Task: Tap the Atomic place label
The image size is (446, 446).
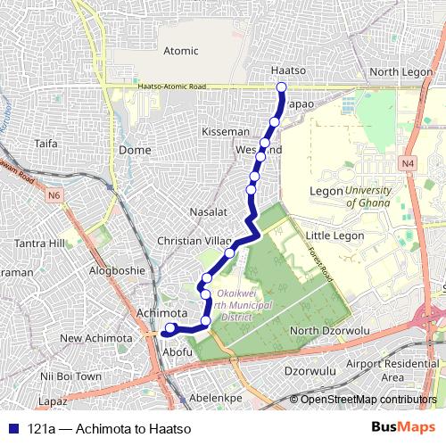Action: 181,51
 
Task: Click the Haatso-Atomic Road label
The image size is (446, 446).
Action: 173,87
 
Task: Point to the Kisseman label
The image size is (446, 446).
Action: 226,131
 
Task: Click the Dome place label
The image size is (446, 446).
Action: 135,150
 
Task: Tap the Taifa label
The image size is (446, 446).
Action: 45,143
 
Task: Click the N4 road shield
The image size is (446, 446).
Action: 408,163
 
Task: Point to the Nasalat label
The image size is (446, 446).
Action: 209,212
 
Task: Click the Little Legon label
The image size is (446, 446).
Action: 334,235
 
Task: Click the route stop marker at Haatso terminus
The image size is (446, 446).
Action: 282,87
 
